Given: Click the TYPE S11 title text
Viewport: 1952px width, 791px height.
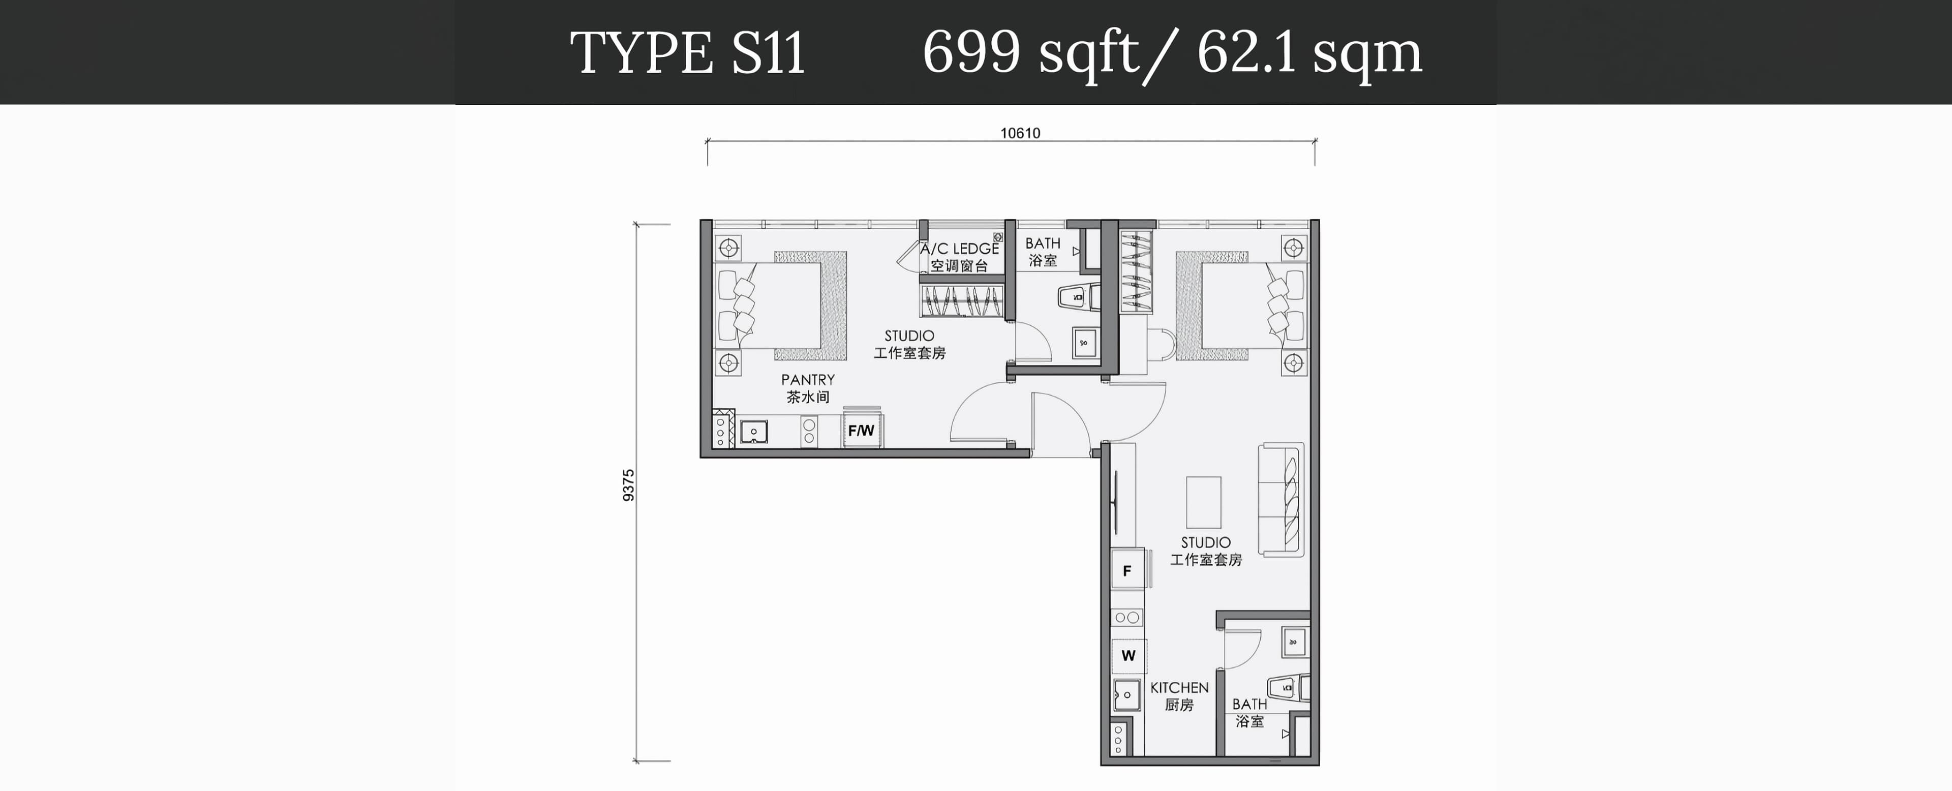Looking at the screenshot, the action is click(687, 53).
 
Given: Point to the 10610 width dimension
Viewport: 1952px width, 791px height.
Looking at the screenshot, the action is click(1020, 133).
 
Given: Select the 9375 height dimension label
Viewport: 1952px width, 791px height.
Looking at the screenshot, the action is click(628, 485).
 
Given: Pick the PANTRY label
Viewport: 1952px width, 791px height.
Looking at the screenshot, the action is click(808, 380).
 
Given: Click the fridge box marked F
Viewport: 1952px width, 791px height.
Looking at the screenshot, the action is click(1127, 570).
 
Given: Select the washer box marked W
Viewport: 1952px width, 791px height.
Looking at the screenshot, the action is click(1128, 655).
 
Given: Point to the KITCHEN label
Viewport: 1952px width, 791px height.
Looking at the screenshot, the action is click(1179, 688).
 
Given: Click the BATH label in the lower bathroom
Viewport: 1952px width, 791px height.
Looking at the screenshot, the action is click(1249, 705).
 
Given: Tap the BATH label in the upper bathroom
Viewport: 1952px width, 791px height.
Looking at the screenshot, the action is click(1043, 243).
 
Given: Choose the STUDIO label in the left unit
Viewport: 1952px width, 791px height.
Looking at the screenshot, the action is click(909, 336).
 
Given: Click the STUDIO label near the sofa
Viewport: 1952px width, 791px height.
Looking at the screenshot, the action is click(1206, 542).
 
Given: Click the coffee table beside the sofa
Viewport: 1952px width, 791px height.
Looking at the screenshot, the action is click(1203, 502).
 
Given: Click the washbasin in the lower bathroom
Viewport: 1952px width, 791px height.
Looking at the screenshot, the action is click(1294, 642).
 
